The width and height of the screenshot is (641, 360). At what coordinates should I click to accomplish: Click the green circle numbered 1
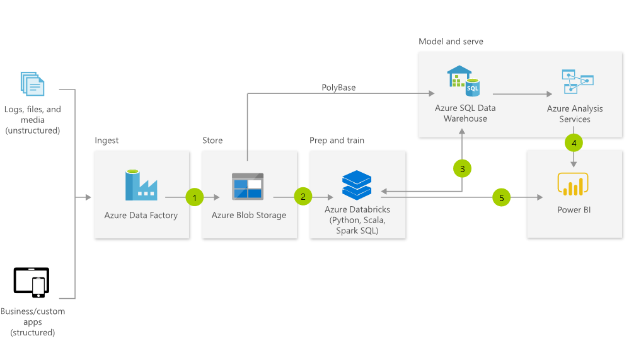click(195, 197)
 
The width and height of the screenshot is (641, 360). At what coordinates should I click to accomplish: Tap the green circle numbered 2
click(303, 197)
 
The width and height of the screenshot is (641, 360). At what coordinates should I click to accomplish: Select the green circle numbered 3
click(462, 169)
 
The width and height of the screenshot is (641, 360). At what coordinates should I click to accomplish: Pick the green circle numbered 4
click(574, 143)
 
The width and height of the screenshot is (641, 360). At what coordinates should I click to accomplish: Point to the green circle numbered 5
click(502, 197)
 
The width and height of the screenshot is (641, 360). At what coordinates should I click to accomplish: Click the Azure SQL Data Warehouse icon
click(464, 79)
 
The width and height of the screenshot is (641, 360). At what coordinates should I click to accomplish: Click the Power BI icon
click(572, 185)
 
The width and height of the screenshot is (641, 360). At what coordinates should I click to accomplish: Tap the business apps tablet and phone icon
click(32, 282)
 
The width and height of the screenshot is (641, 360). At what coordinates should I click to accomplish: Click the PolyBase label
click(338, 88)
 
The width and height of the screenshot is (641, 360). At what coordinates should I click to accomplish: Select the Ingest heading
click(107, 140)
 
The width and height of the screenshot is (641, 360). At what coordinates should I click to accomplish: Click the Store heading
click(212, 140)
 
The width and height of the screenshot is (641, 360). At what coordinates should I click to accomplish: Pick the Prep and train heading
click(337, 140)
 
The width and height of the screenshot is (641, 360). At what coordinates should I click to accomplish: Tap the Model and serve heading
click(451, 41)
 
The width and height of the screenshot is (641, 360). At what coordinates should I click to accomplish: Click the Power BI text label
click(573, 210)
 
